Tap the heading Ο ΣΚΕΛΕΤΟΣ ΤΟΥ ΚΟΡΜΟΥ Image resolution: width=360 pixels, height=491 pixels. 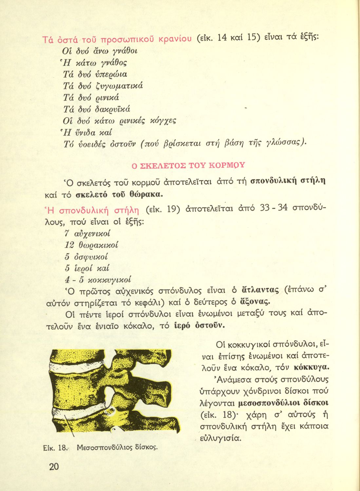188,165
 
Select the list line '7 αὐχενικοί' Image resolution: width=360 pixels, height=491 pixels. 87,234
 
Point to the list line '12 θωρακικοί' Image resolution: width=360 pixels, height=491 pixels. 91,245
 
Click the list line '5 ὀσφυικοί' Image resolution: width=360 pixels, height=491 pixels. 86,257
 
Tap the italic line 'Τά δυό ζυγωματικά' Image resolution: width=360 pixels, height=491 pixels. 103,86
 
